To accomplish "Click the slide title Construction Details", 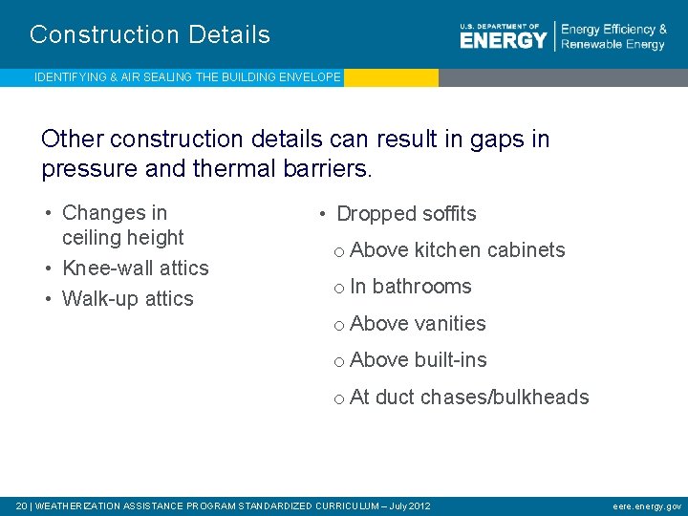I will click(x=150, y=35).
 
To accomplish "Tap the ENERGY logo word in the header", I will click(x=503, y=40).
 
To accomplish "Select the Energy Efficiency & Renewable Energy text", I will click(x=613, y=37).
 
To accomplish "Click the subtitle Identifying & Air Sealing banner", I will click(x=187, y=77).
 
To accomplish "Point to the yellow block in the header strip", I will click(x=391, y=77).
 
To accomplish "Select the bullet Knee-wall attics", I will click(x=135, y=269).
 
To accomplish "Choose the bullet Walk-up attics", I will click(x=127, y=299).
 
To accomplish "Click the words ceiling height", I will click(x=122, y=238).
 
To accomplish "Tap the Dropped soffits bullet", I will click(x=406, y=214).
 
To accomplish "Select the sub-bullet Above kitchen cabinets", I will click(x=458, y=250).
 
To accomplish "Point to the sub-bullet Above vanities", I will click(x=418, y=324).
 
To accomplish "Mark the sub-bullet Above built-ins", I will click(x=419, y=360).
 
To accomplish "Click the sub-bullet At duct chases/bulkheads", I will click(x=469, y=398).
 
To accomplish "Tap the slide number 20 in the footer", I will click(x=21, y=505).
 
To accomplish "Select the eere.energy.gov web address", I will click(x=647, y=505).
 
